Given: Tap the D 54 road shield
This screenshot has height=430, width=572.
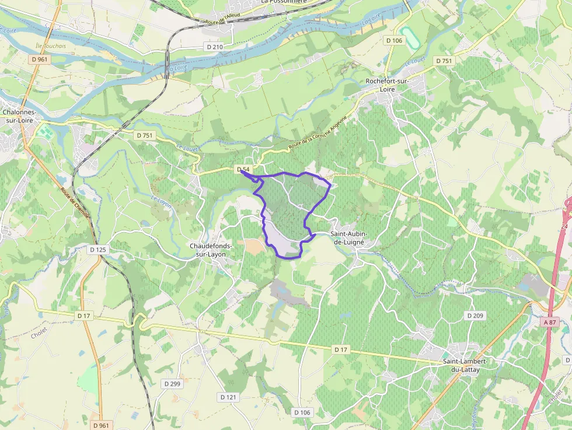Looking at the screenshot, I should [243, 169].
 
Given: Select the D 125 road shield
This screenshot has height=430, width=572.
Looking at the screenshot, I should [98, 249].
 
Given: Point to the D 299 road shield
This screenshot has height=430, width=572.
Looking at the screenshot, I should [172, 383].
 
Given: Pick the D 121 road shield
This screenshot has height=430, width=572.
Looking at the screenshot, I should [229, 397].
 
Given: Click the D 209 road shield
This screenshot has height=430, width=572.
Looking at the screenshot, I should [475, 316].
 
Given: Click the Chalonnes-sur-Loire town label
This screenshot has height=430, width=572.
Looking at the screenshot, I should [19, 116].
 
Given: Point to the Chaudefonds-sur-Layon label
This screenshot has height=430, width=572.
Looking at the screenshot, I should [211, 250].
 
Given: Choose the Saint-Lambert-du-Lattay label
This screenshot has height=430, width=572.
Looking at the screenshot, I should [465, 365].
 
